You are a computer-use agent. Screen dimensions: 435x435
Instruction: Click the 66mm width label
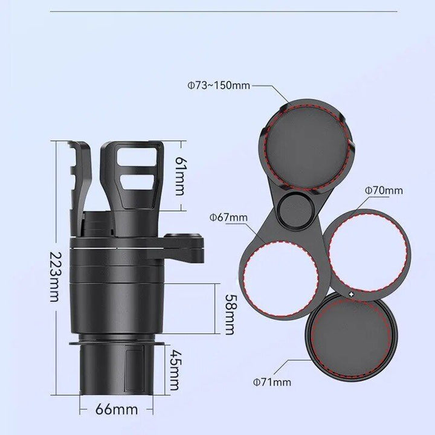(x=117, y=409)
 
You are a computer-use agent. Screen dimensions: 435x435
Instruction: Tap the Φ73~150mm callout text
(x=218, y=86)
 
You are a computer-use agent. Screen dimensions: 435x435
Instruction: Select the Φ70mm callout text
(x=383, y=191)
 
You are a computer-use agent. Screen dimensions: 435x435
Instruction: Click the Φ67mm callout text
(x=228, y=217)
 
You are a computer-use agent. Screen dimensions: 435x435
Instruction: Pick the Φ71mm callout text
(x=272, y=381)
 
